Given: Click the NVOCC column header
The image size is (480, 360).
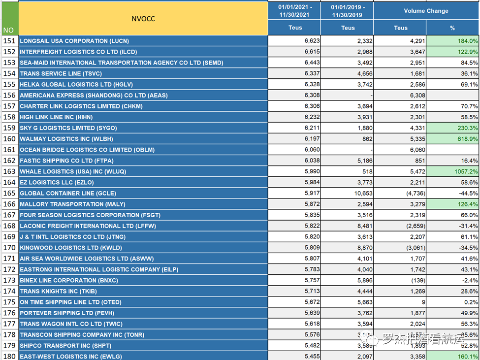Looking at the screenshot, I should [143, 19].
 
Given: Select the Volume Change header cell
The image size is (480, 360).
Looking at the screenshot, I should [426, 11].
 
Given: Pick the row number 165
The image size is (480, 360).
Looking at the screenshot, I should [9, 193].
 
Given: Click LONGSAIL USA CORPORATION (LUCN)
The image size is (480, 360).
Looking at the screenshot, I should [74, 41].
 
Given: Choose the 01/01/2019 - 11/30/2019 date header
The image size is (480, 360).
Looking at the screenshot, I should [347, 11].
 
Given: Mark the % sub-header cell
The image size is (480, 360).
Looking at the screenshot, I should [452, 28].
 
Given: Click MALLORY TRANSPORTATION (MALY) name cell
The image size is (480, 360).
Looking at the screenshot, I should [72, 204].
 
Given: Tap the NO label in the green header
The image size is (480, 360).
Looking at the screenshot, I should [9, 30].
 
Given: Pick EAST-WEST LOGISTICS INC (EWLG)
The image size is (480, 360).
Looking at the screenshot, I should [71, 356].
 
